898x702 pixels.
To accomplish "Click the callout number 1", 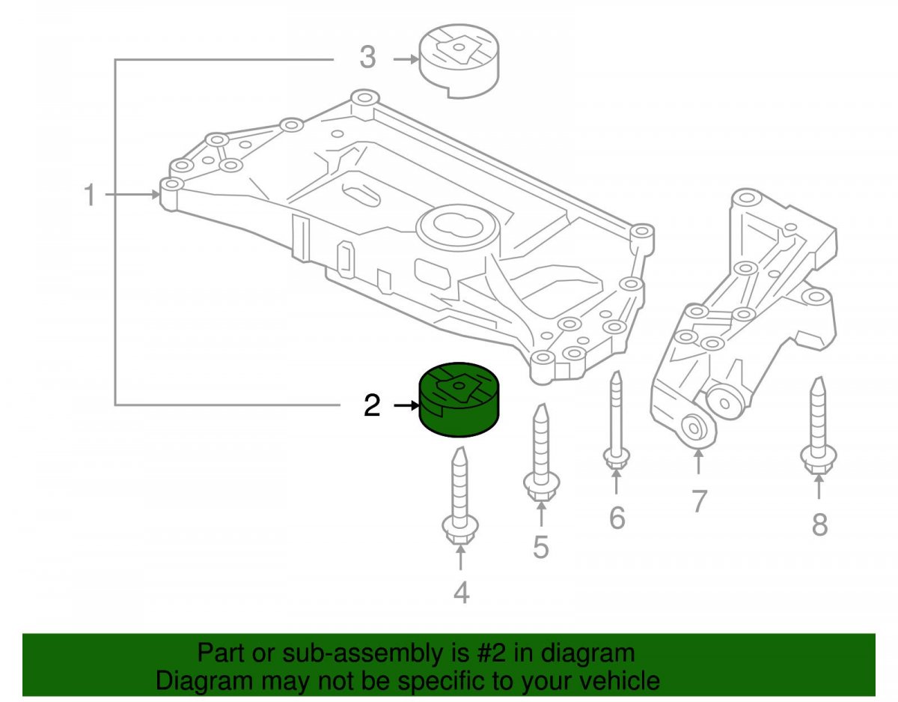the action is coord(90,195).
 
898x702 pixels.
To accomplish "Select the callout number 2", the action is coord(371,405).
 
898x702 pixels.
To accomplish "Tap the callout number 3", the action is coord(367,57).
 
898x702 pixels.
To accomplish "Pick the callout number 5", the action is coord(540,547).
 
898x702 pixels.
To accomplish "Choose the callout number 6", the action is coord(617,518).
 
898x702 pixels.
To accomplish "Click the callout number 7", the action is coord(698,501).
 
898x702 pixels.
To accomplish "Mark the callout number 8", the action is coord(820,524).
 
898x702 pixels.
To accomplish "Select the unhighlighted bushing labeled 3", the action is coord(459,61).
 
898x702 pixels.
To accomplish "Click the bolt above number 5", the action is coord(541,453).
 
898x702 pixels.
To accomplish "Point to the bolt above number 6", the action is coord(616,420).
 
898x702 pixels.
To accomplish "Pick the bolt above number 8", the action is coord(819,426).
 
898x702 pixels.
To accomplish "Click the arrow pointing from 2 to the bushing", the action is coord(406,406).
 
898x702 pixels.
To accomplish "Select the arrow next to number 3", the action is coord(406,60).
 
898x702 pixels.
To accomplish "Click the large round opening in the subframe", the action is coord(459,227).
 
